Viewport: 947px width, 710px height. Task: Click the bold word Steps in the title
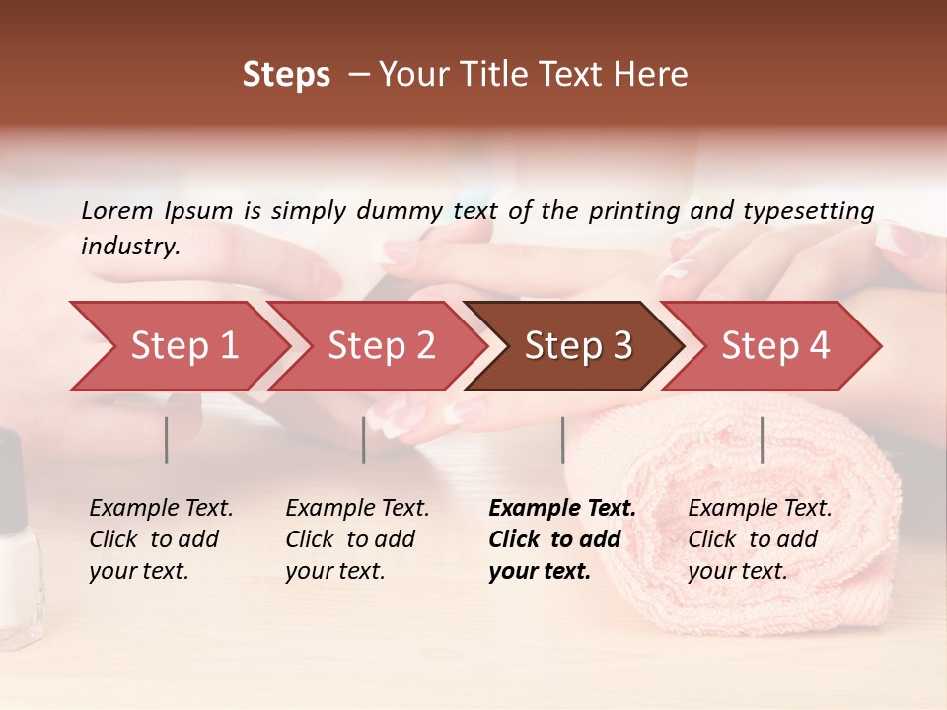[x=286, y=75]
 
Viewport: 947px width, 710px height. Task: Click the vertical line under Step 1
[x=167, y=440]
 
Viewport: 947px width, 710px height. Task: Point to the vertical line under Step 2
[x=364, y=440]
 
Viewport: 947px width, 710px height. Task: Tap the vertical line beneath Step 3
[x=562, y=440]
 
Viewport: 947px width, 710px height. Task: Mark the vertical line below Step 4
[x=762, y=440]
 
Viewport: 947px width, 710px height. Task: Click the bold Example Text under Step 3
[x=562, y=509]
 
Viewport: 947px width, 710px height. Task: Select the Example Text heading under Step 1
[x=161, y=509]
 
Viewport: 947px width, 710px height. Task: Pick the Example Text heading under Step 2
[x=357, y=509]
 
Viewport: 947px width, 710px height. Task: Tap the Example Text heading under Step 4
[x=760, y=509]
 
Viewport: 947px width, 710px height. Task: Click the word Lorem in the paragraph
[x=117, y=210]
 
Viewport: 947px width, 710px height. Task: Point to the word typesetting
[x=808, y=211]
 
